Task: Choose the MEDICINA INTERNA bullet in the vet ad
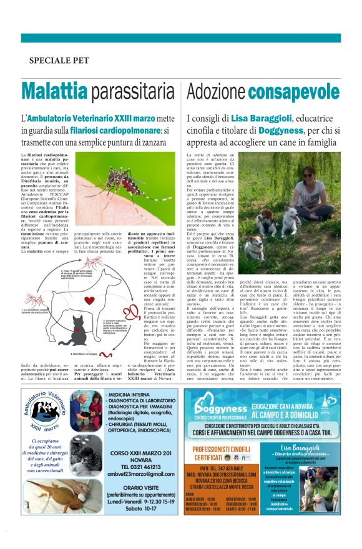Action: click(135, 395)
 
